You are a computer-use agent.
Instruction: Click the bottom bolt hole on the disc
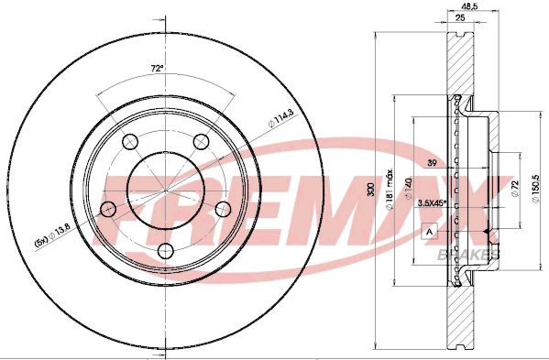click(165, 249)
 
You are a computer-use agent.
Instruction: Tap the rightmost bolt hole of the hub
click(222, 209)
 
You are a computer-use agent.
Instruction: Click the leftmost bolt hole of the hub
click(107, 209)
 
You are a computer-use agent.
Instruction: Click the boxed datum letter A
click(429, 231)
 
